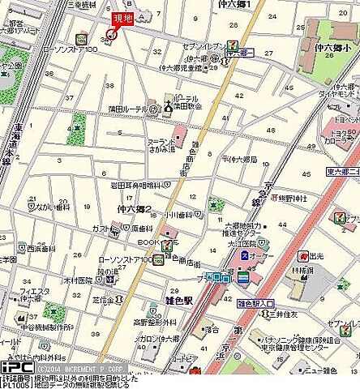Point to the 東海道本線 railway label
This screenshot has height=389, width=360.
coord(17,149)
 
